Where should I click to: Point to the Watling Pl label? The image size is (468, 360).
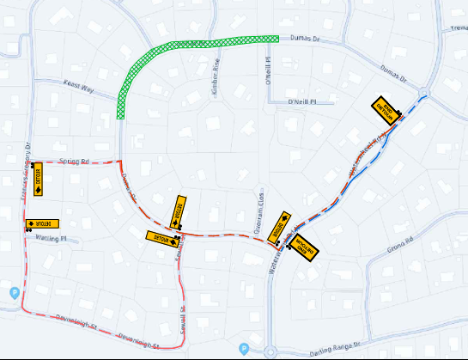click(52, 238)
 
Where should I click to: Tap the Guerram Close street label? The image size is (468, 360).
click(257, 204)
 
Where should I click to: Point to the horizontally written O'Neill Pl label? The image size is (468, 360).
click(302, 101)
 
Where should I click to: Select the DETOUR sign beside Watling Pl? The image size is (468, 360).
click(42, 223)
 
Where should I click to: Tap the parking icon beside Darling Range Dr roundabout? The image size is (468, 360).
click(244, 349)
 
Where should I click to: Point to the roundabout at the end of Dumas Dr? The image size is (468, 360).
click(426, 91)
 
